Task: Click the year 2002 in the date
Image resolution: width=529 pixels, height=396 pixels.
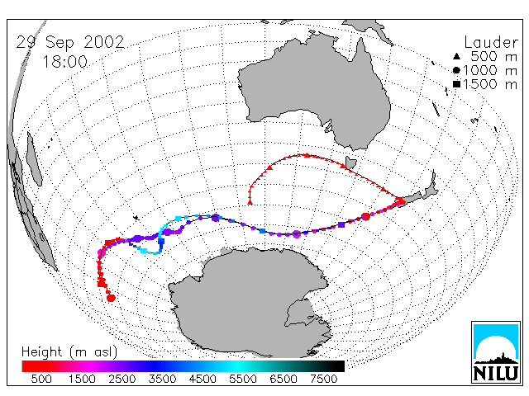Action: coord(104,42)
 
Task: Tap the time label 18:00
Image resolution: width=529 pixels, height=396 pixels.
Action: coord(64,62)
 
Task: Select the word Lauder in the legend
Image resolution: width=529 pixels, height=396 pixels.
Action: coord(491,43)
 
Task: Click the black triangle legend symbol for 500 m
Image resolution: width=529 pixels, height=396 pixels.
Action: coord(456,56)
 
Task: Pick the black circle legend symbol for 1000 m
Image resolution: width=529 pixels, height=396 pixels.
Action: coord(456,70)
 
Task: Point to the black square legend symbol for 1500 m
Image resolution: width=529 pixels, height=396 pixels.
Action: coord(456,84)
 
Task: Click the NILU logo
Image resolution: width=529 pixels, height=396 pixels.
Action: coord(496,352)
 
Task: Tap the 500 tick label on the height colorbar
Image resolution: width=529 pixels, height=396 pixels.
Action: coord(41,379)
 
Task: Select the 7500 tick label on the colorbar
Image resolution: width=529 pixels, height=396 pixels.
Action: coord(323,379)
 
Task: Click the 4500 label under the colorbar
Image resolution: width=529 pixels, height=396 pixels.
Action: coord(203,379)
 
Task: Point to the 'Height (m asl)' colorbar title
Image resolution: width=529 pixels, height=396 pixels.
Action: coord(69,352)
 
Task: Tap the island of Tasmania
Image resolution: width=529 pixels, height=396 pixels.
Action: coord(350,163)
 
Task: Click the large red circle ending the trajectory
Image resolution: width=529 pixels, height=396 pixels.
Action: coord(111,298)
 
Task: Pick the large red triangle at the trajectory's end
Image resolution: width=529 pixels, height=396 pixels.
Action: coord(250,202)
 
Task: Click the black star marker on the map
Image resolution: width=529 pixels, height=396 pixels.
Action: coord(136,218)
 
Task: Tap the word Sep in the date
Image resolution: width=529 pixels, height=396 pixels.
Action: coord(60,43)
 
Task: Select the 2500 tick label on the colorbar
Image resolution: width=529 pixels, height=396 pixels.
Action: coord(122,379)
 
